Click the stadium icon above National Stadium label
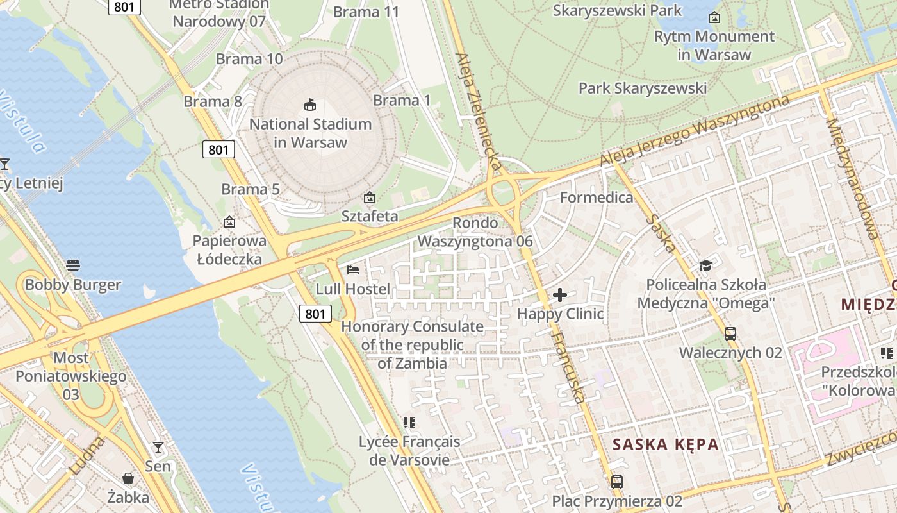pos(310,104)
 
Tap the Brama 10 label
pos(249,59)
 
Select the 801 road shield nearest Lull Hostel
pos(315,314)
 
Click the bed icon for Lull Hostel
pos(352,270)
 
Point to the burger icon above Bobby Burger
pos(73,265)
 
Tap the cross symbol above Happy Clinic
pos(560,295)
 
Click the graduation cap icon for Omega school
pos(705,265)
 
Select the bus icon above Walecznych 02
pos(730,333)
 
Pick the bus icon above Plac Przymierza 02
pos(617,482)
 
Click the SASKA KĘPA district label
pos(665,444)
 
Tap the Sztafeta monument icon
pos(369,198)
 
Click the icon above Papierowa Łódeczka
pos(229,222)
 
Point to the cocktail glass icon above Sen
pos(158,447)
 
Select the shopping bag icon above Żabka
pos(128,478)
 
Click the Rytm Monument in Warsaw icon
pos(714,17)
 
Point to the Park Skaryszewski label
pos(643,88)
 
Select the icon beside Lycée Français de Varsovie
pos(409,423)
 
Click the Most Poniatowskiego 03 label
pos(70,376)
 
